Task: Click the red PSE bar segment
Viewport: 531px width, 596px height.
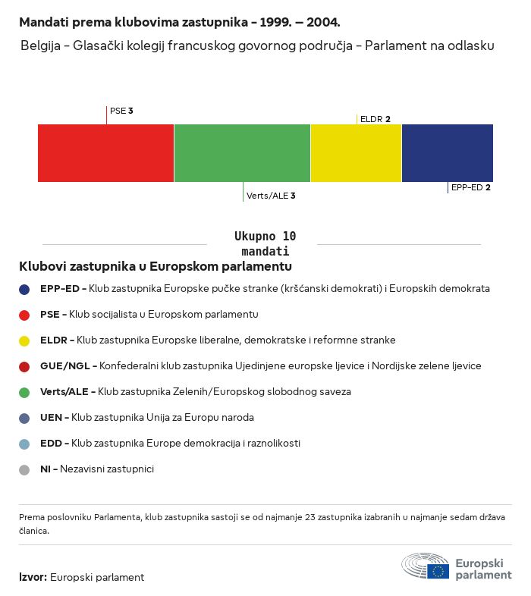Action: coord(105,153)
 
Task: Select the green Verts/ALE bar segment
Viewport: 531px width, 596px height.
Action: coord(242,153)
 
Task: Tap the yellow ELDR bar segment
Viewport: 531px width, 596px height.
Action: coord(356,153)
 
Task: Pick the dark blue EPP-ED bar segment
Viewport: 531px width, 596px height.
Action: coord(448,153)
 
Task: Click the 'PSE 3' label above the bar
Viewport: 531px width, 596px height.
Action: coord(121,111)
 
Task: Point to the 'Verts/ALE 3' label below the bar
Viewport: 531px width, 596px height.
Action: coord(271,196)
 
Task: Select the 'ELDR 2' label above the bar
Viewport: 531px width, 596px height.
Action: coord(375,119)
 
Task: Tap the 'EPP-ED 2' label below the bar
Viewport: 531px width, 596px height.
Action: coord(470,187)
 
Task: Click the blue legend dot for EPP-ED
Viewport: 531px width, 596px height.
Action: coord(24,290)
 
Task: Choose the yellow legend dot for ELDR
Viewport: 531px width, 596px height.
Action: coord(24,341)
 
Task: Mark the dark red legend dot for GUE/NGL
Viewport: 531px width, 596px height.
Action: coord(24,367)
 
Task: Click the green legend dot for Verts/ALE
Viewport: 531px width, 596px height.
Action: coord(24,393)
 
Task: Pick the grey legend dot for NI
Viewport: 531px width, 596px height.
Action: coord(24,470)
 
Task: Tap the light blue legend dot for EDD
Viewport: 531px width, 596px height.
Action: coord(24,444)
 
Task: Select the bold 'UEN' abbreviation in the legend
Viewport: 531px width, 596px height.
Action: coord(51,417)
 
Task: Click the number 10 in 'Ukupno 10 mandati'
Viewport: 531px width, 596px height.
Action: coord(289,236)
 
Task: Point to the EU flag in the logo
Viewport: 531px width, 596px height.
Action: coord(438,571)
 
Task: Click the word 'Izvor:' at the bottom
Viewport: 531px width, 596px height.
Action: coord(33,577)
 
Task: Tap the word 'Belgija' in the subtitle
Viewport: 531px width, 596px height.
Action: coord(40,45)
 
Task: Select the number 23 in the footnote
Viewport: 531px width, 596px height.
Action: coord(310,517)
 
